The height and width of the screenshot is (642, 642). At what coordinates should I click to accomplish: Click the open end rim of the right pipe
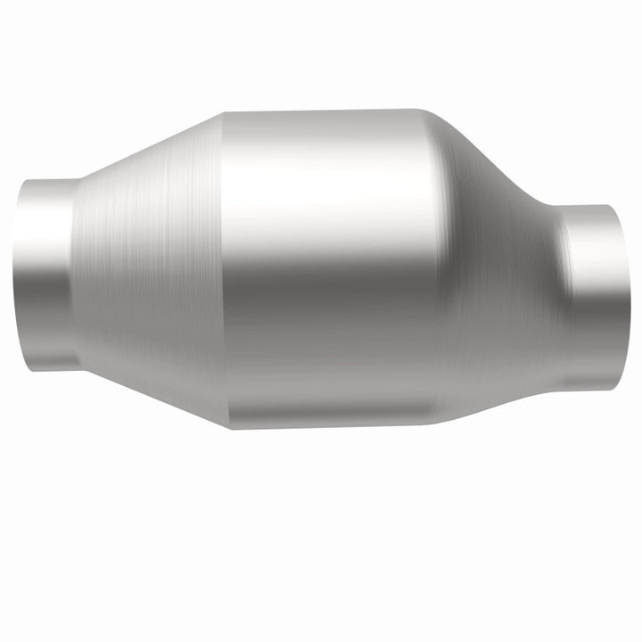coord(625,294)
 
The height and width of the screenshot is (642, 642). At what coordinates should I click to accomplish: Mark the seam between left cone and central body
coord(222,267)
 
